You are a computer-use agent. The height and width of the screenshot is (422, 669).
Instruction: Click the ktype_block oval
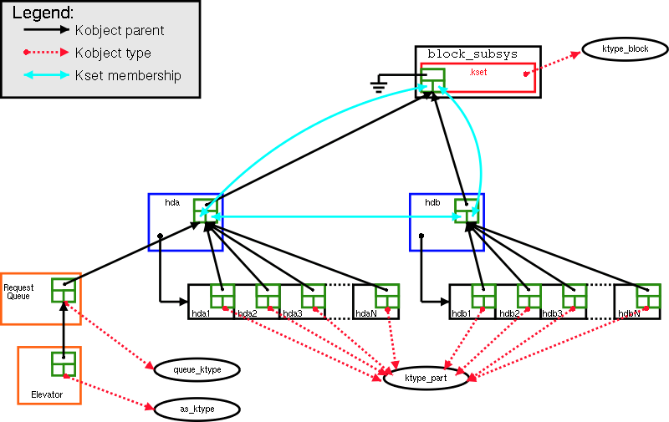626,49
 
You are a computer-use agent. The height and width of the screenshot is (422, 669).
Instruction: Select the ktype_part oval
426,379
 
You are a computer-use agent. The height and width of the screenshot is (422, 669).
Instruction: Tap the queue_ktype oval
196,369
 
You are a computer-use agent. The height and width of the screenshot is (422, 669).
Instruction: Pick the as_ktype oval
197,409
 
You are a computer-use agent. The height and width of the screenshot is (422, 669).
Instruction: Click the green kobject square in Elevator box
64,364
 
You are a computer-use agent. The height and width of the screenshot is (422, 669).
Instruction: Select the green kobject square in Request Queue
64,290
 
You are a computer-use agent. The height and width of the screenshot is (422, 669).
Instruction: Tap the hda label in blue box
172,203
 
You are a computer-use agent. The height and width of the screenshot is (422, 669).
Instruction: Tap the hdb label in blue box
432,203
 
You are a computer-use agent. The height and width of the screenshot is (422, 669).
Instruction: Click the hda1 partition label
201,313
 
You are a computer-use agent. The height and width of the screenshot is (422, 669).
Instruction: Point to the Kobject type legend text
113,53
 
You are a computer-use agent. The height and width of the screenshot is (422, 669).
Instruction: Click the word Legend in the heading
43,13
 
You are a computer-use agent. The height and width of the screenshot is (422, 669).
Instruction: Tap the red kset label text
478,73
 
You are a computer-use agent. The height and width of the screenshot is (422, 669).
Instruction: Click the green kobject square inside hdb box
467,211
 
